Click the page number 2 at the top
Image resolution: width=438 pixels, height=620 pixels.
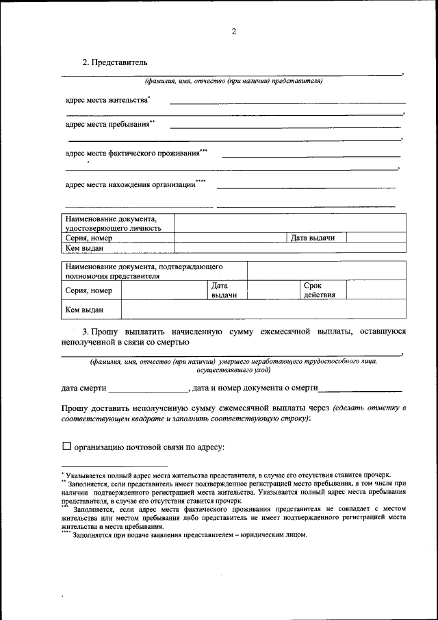233,32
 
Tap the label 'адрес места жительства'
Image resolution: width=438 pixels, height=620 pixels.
107,101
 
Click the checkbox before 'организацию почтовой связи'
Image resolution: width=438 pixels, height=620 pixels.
66,447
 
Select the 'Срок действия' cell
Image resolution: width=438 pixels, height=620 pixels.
319,290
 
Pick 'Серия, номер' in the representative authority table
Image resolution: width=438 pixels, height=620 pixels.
88,290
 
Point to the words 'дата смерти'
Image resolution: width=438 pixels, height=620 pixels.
83,388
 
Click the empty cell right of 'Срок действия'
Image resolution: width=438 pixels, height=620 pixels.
376,290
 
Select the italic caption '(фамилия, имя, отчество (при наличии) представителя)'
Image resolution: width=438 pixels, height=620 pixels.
233,82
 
